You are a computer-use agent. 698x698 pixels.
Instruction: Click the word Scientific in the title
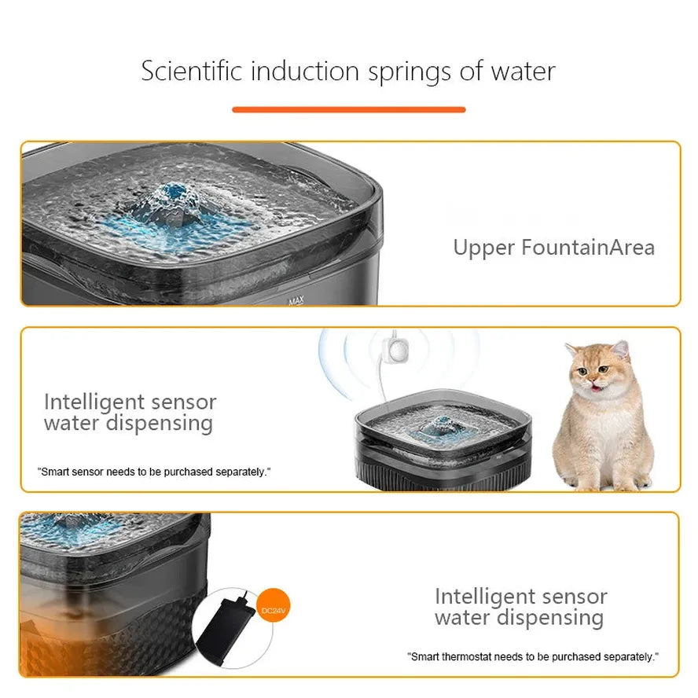(x=191, y=71)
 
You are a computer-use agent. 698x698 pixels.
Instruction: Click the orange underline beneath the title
(x=348, y=109)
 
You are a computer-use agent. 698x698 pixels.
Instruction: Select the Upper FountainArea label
(x=553, y=248)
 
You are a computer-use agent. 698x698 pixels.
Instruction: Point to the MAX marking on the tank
(x=296, y=300)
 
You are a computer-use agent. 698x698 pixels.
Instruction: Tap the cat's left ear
(x=572, y=351)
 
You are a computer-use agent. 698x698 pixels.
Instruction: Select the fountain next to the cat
(x=442, y=444)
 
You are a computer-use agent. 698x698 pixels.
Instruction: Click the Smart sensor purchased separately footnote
(x=154, y=472)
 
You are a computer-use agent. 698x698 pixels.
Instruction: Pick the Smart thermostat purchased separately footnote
(x=532, y=656)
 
